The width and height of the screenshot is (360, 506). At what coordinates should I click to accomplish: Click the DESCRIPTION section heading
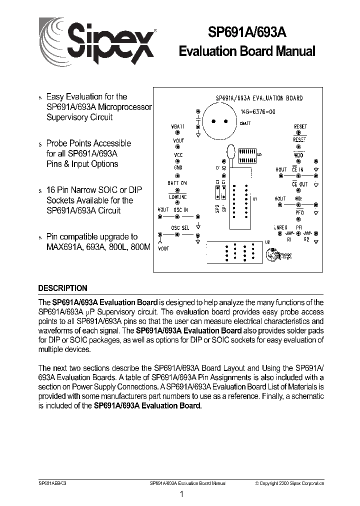point(63,288)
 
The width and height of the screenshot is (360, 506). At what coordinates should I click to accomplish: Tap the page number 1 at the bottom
point(181,494)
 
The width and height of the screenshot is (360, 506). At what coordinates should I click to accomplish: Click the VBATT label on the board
point(177,126)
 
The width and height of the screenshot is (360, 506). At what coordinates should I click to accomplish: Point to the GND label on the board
point(178,168)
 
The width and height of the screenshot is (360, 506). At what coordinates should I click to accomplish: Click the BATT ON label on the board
point(177,183)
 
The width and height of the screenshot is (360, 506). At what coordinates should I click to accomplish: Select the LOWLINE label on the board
point(177,197)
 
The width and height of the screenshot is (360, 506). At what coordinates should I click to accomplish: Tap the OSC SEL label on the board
point(180,227)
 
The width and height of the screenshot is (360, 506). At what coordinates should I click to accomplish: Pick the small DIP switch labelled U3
point(245,155)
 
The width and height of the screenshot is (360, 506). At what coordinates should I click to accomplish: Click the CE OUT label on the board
point(299,184)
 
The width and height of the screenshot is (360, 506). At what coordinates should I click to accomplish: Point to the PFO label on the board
point(299,212)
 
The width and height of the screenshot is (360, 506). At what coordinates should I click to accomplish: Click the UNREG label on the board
point(280,227)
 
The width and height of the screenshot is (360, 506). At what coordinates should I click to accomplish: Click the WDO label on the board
point(298,155)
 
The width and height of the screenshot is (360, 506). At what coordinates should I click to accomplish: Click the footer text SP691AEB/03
point(51,483)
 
